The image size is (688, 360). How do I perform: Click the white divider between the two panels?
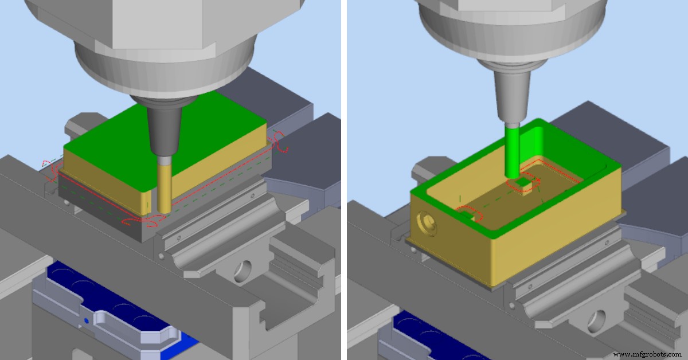click(344, 180)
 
